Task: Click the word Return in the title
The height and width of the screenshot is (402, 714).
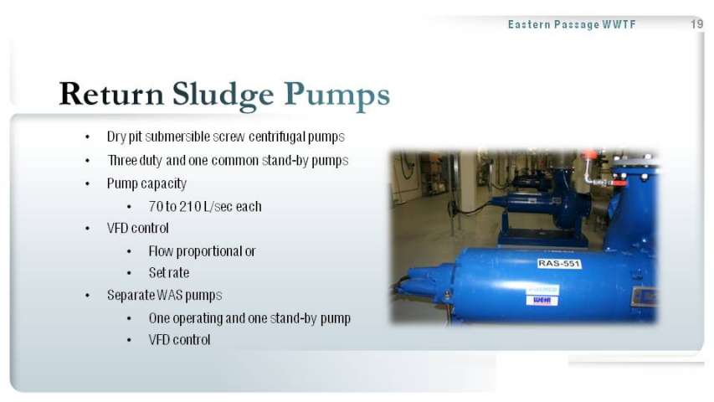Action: coord(111,94)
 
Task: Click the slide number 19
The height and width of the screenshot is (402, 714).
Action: coord(697,24)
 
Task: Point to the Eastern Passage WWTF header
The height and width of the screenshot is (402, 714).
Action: coord(572,24)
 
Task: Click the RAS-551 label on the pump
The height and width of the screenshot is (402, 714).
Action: coord(558,264)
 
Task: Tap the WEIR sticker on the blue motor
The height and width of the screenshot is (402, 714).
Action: coord(542,300)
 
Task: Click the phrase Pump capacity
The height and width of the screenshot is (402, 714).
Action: coord(146,183)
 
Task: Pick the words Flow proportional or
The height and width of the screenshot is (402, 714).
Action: coord(203,251)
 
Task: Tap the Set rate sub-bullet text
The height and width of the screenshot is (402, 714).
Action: coord(169,272)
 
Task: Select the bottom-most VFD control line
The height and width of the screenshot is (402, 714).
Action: coord(179,339)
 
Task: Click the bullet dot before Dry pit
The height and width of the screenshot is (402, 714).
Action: coord(87,137)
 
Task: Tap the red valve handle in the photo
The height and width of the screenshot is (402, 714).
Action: coord(588,155)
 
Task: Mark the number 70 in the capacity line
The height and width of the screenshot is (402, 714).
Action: coord(156,207)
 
